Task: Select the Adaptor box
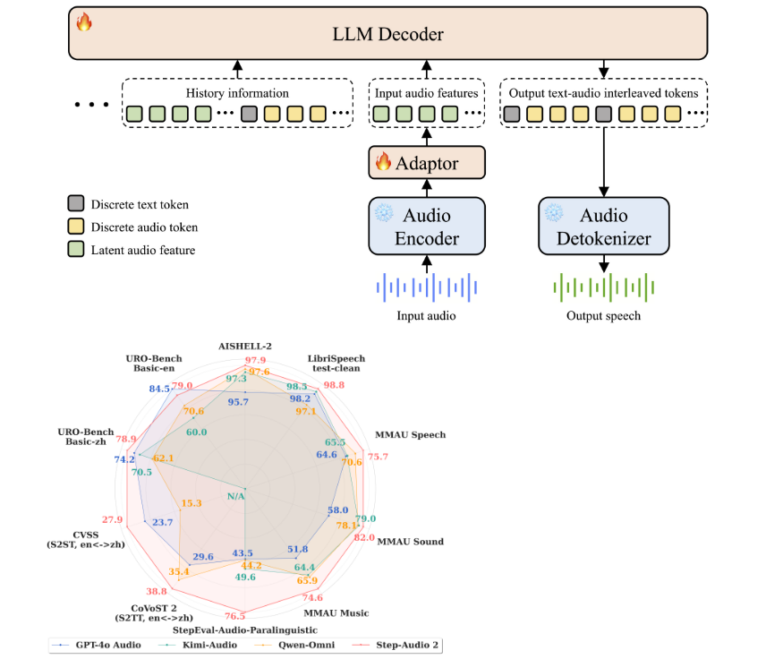point(426,163)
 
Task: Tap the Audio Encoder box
point(426,227)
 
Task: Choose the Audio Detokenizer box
point(604,227)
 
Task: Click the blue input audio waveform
point(426,287)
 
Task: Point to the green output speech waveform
point(604,287)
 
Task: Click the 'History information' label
point(237,92)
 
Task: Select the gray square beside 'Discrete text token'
point(75,204)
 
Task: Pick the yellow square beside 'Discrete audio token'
point(75,227)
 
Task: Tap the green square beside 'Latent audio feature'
point(75,250)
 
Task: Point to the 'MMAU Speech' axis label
point(411,435)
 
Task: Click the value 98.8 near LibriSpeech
point(334,385)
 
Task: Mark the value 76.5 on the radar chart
point(235,615)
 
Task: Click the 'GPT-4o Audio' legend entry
point(100,645)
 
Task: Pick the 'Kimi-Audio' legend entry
point(205,645)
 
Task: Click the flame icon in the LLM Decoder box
point(84,21)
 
